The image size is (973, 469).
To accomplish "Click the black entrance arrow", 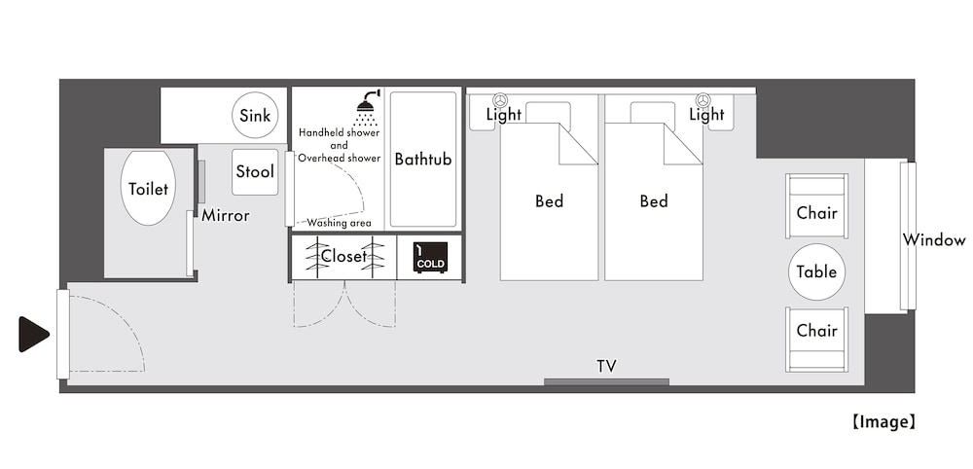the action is [x=32, y=334].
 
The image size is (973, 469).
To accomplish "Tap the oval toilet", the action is [x=148, y=188].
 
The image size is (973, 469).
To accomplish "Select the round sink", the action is [x=254, y=115].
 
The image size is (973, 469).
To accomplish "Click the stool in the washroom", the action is [x=254, y=172].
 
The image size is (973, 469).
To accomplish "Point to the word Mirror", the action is [x=226, y=216].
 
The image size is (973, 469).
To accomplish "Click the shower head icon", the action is [x=368, y=107].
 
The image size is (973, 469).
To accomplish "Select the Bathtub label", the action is [x=423, y=160].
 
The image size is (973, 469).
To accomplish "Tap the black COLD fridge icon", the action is [x=430, y=257].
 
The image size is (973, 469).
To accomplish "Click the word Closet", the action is [x=344, y=256].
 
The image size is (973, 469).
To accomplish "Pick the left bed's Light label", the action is [x=504, y=115].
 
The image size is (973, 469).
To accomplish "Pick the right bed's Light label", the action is [x=706, y=115].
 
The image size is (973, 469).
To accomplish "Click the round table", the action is [x=816, y=271].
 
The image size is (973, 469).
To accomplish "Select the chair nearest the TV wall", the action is [x=816, y=340].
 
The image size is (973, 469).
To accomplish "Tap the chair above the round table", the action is [x=816, y=206].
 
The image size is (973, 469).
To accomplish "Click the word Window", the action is [x=934, y=240].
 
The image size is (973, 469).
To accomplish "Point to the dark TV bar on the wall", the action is [x=606, y=382].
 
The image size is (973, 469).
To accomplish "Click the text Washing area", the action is [x=339, y=224].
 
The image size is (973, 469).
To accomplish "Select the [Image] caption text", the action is [x=883, y=422].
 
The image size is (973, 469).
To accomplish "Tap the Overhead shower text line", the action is [x=339, y=159].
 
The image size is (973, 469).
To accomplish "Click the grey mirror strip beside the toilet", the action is [x=201, y=182].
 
